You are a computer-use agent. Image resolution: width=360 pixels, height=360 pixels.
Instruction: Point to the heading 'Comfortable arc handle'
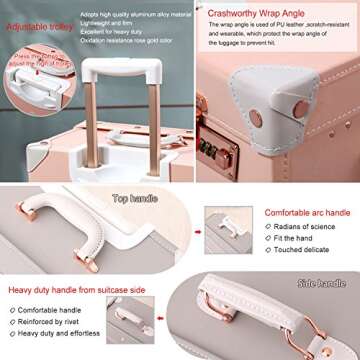[x=307, y=213]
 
